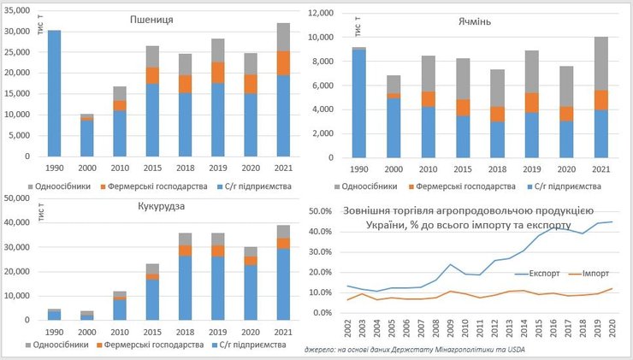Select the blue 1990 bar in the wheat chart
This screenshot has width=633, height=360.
tap(54, 94)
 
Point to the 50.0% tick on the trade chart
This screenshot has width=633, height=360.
tap(319, 211)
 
